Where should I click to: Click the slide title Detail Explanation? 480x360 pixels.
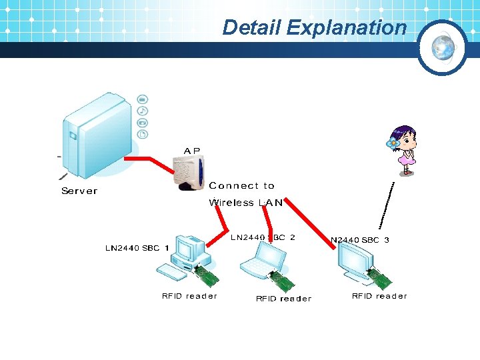tap(314, 27)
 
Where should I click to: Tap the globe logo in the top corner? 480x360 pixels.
tap(442, 47)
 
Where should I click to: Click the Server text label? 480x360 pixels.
tap(79, 191)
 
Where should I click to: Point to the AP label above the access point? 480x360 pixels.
tap(191, 151)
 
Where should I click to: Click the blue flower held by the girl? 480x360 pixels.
tap(393, 143)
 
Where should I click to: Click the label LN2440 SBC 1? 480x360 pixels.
tap(137, 248)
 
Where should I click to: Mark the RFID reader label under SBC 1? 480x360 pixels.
tap(189, 296)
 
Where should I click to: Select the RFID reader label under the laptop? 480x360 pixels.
tap(283, 299)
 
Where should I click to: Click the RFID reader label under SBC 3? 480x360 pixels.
tap(379, 296)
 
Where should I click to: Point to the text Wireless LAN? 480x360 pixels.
tap(246, 203)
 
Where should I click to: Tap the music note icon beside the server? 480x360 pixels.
tap(143, 111)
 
